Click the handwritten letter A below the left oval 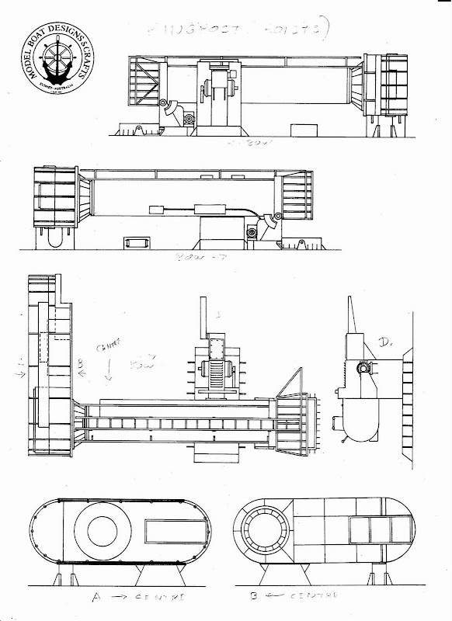95,597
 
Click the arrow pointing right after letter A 120,597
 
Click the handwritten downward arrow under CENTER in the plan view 109,372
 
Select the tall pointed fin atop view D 353,314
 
